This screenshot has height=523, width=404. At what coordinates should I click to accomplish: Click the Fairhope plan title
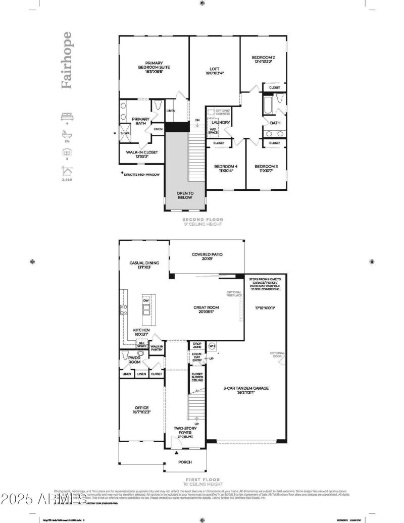(x=66, y=61)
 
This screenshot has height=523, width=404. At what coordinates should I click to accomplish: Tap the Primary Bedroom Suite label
(x=154, y=67)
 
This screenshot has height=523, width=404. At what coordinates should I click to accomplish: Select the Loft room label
(x=214, y=70)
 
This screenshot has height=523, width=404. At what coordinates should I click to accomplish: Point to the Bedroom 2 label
(x=263, y=60)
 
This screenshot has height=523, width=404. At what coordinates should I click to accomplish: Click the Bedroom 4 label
(x=225, y=169)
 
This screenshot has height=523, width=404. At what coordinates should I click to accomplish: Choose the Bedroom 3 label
(x=266, y=169)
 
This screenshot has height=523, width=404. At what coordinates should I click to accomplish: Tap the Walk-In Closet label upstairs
(x=142, y=154)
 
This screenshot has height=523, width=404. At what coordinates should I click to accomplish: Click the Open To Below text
(x=185, y=195)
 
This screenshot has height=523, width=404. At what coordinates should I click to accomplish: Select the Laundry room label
(x=221, y=123)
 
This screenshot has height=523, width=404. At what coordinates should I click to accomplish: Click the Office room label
(x=141, y=410)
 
